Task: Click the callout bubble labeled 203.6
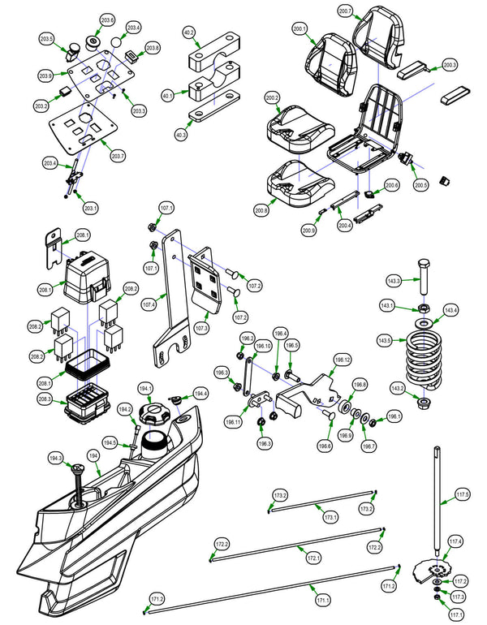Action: pyautogui.click(x=107, y=19)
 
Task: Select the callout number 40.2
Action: pyautogui.click(x=189, y=32)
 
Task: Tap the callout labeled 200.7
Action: pyautogui.click(x=345, y=11)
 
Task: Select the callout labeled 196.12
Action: pyautogui.click(x=342, y=359)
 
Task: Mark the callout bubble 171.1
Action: pyautogui.click(x=322, y=600)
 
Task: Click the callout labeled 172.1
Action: pyautogui.click(x=313, y=558)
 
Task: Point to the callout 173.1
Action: pyautogui.click(x=330, y=516)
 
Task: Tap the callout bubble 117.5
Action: pyautogui.click(x=462, y=494)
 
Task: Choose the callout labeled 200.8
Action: pyautogui.click(x=261, y=211)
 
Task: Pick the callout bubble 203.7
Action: pyautogui.click(x=118, y=156)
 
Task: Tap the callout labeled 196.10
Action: pyautogui.click(x=263, y=346)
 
